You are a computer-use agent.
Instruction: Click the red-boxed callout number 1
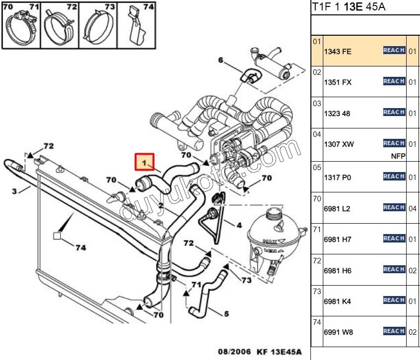click(x=145, y=162)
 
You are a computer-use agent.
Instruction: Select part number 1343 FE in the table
click(x=338, y=52)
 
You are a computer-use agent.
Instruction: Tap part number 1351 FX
click(x=338, y=82)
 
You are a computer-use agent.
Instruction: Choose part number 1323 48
click(x=337, y=114)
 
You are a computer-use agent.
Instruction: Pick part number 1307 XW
click(x=338, y=144)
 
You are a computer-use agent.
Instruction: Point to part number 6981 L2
click(x=337, y=209)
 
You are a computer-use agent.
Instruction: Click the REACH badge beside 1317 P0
click(x=394, y=176)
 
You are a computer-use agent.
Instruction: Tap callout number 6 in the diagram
click(x=221, y=61)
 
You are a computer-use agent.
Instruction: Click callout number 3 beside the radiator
click(x=14, y=191)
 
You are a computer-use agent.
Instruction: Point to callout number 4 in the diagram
click(x=239, y=225)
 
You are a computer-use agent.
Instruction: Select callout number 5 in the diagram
click(x=226, y=313)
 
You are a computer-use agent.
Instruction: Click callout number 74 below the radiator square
click(x=80, y=247)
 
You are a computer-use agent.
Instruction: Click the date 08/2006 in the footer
click(x=233, y=352)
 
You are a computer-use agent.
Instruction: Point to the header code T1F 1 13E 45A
click(x=349, y=7)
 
